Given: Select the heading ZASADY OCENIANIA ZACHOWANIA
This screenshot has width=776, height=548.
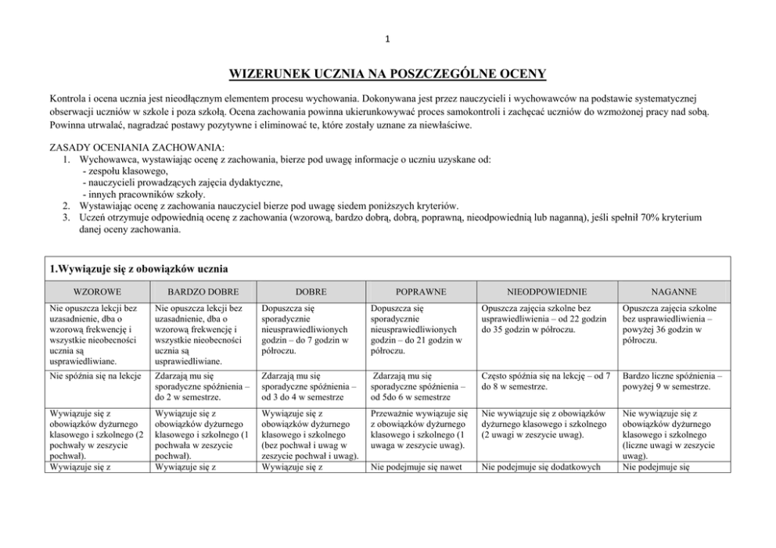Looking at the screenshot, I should (x=137, y=147).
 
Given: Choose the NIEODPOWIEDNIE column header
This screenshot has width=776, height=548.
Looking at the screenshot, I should (x=546, y=291).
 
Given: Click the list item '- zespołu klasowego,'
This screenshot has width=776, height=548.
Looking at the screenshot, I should (x=124, y=170).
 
